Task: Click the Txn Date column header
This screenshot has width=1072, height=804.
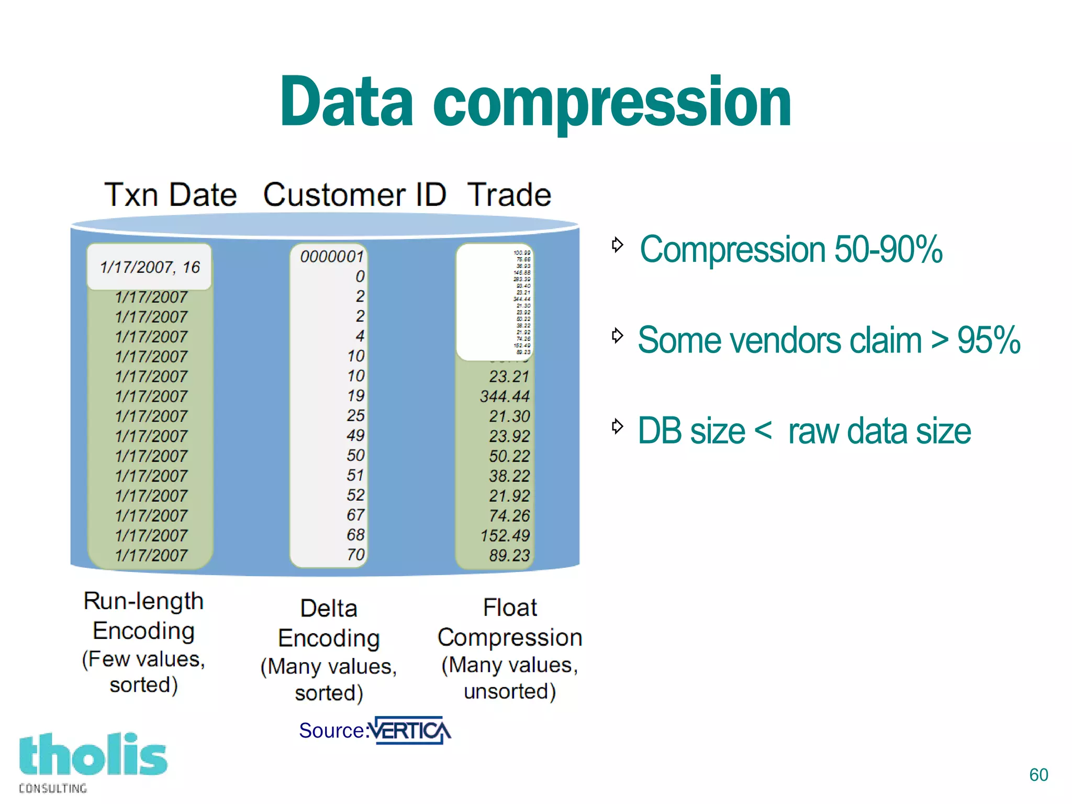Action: click(171, 195)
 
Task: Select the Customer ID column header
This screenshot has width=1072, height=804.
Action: click(354, 195)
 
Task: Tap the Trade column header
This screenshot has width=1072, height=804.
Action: click(509, 195)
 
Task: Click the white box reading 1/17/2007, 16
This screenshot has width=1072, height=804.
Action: click(150, 267)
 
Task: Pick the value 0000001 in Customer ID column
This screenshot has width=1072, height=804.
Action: click(332, 257)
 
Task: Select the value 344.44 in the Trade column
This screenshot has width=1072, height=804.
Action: click(505, 397)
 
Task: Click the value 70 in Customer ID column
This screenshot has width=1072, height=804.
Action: click(356, 555)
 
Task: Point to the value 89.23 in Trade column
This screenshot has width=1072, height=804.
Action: click(509, 555)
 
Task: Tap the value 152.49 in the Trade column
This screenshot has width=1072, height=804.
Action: click(505, 535)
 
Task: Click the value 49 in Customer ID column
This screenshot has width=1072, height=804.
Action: click(355, 435)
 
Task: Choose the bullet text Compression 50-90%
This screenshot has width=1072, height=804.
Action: click(790, 249)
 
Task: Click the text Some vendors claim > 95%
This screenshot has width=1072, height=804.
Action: click(829, 340)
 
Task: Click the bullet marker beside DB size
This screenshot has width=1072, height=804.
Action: click(617, 426)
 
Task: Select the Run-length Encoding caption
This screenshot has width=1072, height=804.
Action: click(143, 616)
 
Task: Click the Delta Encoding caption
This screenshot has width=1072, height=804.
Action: click(329, 623)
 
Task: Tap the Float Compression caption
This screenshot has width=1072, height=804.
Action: click(510, 622)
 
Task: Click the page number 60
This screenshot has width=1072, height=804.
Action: click(1038, 775)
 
